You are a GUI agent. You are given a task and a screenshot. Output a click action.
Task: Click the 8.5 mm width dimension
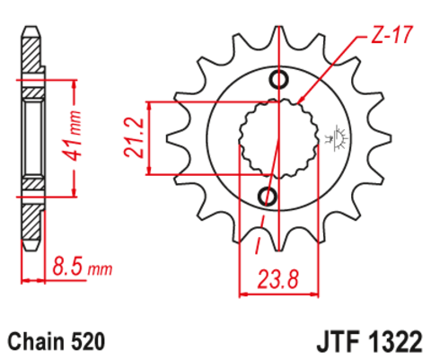point(82,267)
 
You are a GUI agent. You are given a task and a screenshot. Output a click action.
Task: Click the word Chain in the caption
point(35,341)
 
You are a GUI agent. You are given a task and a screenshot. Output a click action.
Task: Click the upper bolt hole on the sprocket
point(278,82)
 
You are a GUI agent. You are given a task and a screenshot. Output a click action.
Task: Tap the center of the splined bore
point(277,139)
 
